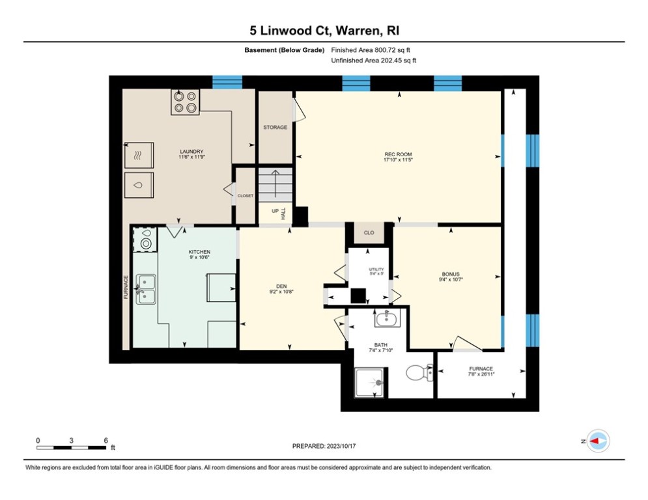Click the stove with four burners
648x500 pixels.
[x=185, y=103]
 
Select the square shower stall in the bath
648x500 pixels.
[x=369, y=382]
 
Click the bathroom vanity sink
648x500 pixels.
[x=387, y=318]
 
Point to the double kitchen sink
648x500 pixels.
[x=146, y=289]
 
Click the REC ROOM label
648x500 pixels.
[x=398, y=155]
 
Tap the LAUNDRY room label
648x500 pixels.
[x=191, y=152]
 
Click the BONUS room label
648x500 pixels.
[x=451, y=275]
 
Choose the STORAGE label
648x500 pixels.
[x=275, y=128]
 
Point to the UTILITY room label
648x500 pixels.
[x=376, y=270]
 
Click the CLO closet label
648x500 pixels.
[x=369, y=232]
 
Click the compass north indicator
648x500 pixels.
[x=597, y=441]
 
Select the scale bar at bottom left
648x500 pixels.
[x=71, y=447]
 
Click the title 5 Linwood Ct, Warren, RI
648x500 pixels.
[x=324, y=30]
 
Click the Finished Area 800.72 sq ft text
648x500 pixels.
[x=371, y=50]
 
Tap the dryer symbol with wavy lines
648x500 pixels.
[x=138, y=155]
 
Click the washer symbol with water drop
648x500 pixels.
[x=138, y=185]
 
